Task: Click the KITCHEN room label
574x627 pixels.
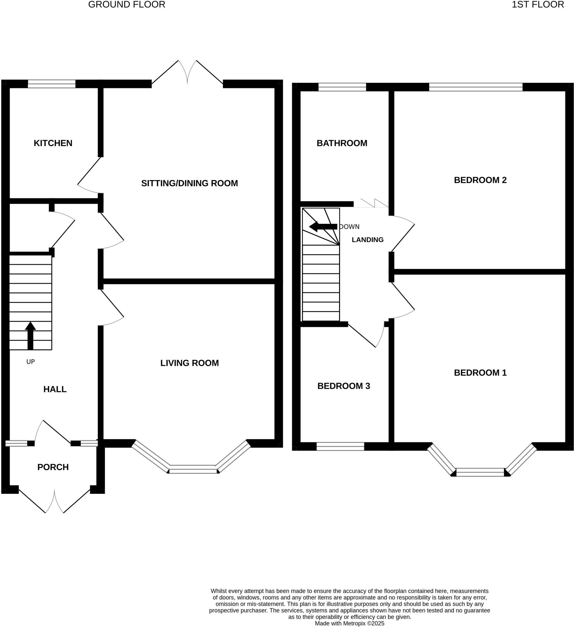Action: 53,143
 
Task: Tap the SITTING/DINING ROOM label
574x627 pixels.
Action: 190,183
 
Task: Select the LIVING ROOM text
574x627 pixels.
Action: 190,363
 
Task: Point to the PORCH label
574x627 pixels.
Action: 53,467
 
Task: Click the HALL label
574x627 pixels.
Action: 55,389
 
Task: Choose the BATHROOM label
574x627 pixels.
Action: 342,143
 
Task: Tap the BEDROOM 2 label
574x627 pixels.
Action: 480,180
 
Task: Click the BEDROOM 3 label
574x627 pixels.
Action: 343,386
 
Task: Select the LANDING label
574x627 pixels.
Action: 368,240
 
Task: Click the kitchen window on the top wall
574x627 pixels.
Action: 52,84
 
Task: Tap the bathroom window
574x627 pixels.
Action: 342,87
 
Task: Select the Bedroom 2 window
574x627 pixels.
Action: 475,87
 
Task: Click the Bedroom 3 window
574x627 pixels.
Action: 340,447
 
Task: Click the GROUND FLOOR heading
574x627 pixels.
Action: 127,5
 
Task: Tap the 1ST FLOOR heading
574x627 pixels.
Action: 538,5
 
